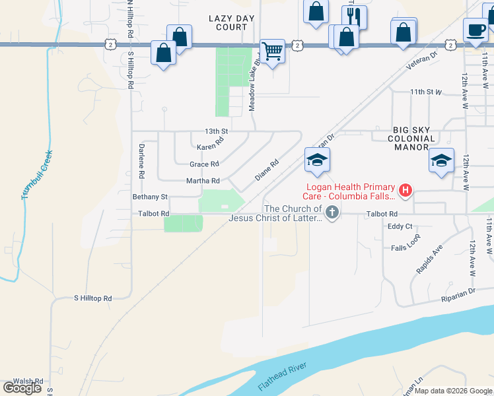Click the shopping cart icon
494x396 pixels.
272,50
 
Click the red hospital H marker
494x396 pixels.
406,191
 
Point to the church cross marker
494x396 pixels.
333,213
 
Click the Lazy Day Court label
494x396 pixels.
227,22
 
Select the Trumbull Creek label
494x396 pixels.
37,175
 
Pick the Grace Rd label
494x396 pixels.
204,164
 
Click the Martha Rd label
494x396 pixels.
205,181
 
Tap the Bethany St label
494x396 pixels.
151,197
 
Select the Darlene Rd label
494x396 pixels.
141,162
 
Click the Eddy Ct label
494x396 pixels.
400,226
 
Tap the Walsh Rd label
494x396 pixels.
28,381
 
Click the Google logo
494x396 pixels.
22,388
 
